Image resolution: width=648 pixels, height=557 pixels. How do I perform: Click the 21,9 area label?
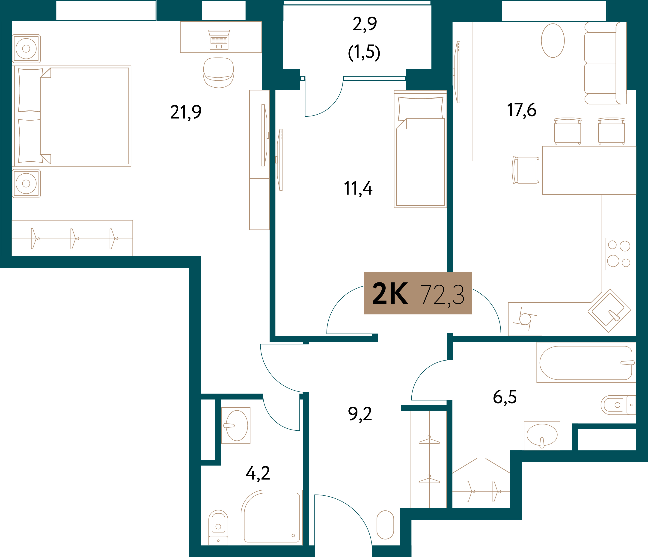point(186,112)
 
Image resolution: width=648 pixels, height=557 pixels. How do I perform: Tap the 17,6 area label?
point(522,110)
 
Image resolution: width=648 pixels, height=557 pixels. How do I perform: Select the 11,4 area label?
point(358,189)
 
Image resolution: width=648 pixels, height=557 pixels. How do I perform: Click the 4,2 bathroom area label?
point(258,473)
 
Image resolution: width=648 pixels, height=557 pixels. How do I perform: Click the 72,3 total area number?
point(442,295)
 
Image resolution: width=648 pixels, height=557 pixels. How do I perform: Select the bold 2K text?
point(390,293)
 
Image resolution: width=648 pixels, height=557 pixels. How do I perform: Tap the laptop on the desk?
point(219,40)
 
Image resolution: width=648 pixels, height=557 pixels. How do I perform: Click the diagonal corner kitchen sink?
point(609,311)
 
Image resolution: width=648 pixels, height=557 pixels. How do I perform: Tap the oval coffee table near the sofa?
point(553,41)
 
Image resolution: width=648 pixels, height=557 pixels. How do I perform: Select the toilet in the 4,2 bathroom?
point(218,527)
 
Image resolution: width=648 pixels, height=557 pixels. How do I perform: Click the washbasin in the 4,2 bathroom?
point(236,426)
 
